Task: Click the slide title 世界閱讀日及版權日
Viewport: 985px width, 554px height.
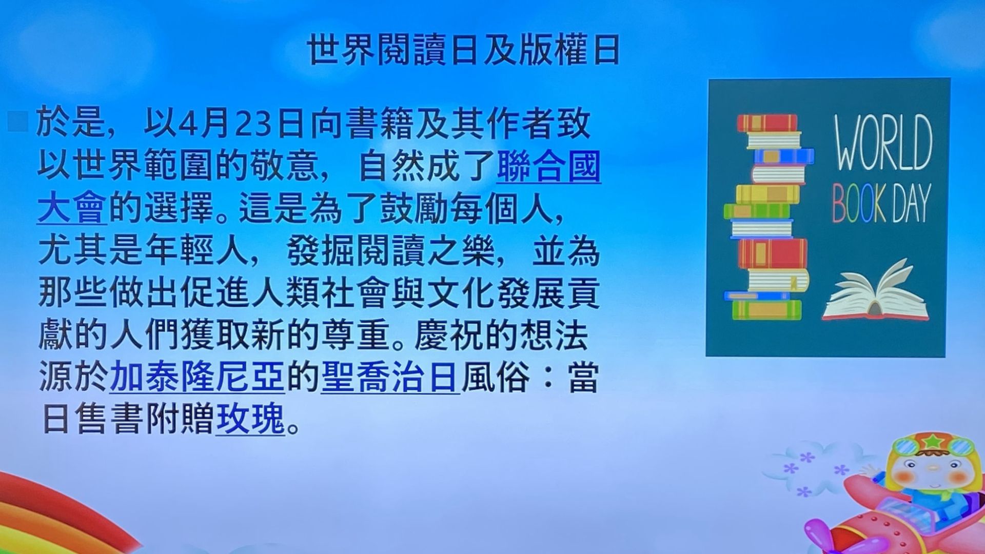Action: point(464,50)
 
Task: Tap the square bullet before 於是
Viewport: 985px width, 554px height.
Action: point(17,122)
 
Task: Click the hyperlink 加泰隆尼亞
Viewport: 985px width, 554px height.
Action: point(197,377)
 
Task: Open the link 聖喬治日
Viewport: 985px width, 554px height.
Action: point(390,377)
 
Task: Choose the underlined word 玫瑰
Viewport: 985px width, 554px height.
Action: point(250,419)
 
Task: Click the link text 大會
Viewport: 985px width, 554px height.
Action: point(72,208)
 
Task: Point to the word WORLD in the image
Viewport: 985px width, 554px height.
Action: point(882,143)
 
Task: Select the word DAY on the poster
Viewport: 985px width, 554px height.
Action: point(911,204)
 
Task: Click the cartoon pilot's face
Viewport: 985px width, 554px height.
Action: point(932,472)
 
